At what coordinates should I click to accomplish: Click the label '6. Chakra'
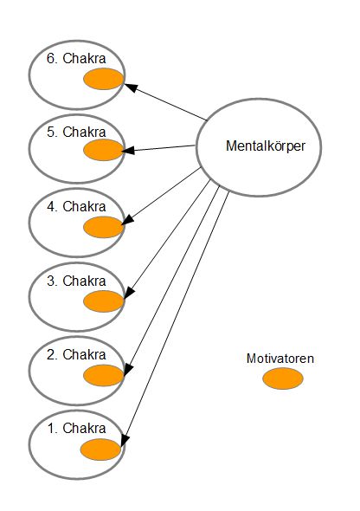[x=76, y=59]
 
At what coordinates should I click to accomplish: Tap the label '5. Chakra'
[x=76, y=133]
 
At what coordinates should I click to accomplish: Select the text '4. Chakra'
[x=76, y=207]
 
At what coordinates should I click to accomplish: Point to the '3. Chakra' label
[x=76, y=281]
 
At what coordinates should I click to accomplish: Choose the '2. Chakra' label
[x=76, y=354]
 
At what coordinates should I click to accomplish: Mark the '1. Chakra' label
[x=76, y=429]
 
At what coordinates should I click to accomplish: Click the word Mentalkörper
[x=266, y=146]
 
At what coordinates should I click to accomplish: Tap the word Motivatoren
[x=280, y=359]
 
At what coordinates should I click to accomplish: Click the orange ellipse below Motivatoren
[x=283, y=378]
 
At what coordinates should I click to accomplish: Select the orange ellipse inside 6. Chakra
[x=104, y=79]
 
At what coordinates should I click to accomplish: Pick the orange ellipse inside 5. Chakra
[x=104, y=150]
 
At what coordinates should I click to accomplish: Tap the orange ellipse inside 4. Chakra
[x=104, y=227]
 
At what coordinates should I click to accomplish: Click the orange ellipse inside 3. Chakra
[x=104, y=301]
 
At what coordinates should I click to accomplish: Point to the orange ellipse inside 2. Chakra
[x=104, y=375]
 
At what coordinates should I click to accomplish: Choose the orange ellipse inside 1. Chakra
[x=101, y=450]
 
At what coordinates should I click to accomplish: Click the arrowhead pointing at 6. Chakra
[x=131, y=87]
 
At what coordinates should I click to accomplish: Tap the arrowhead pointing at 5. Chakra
[x=128, y=150]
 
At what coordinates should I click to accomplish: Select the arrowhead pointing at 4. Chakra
[x=127, y=220]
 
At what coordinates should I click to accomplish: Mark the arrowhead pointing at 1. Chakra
[x=125, y=440]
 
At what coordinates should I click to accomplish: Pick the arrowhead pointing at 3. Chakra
[x=129, y=293]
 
